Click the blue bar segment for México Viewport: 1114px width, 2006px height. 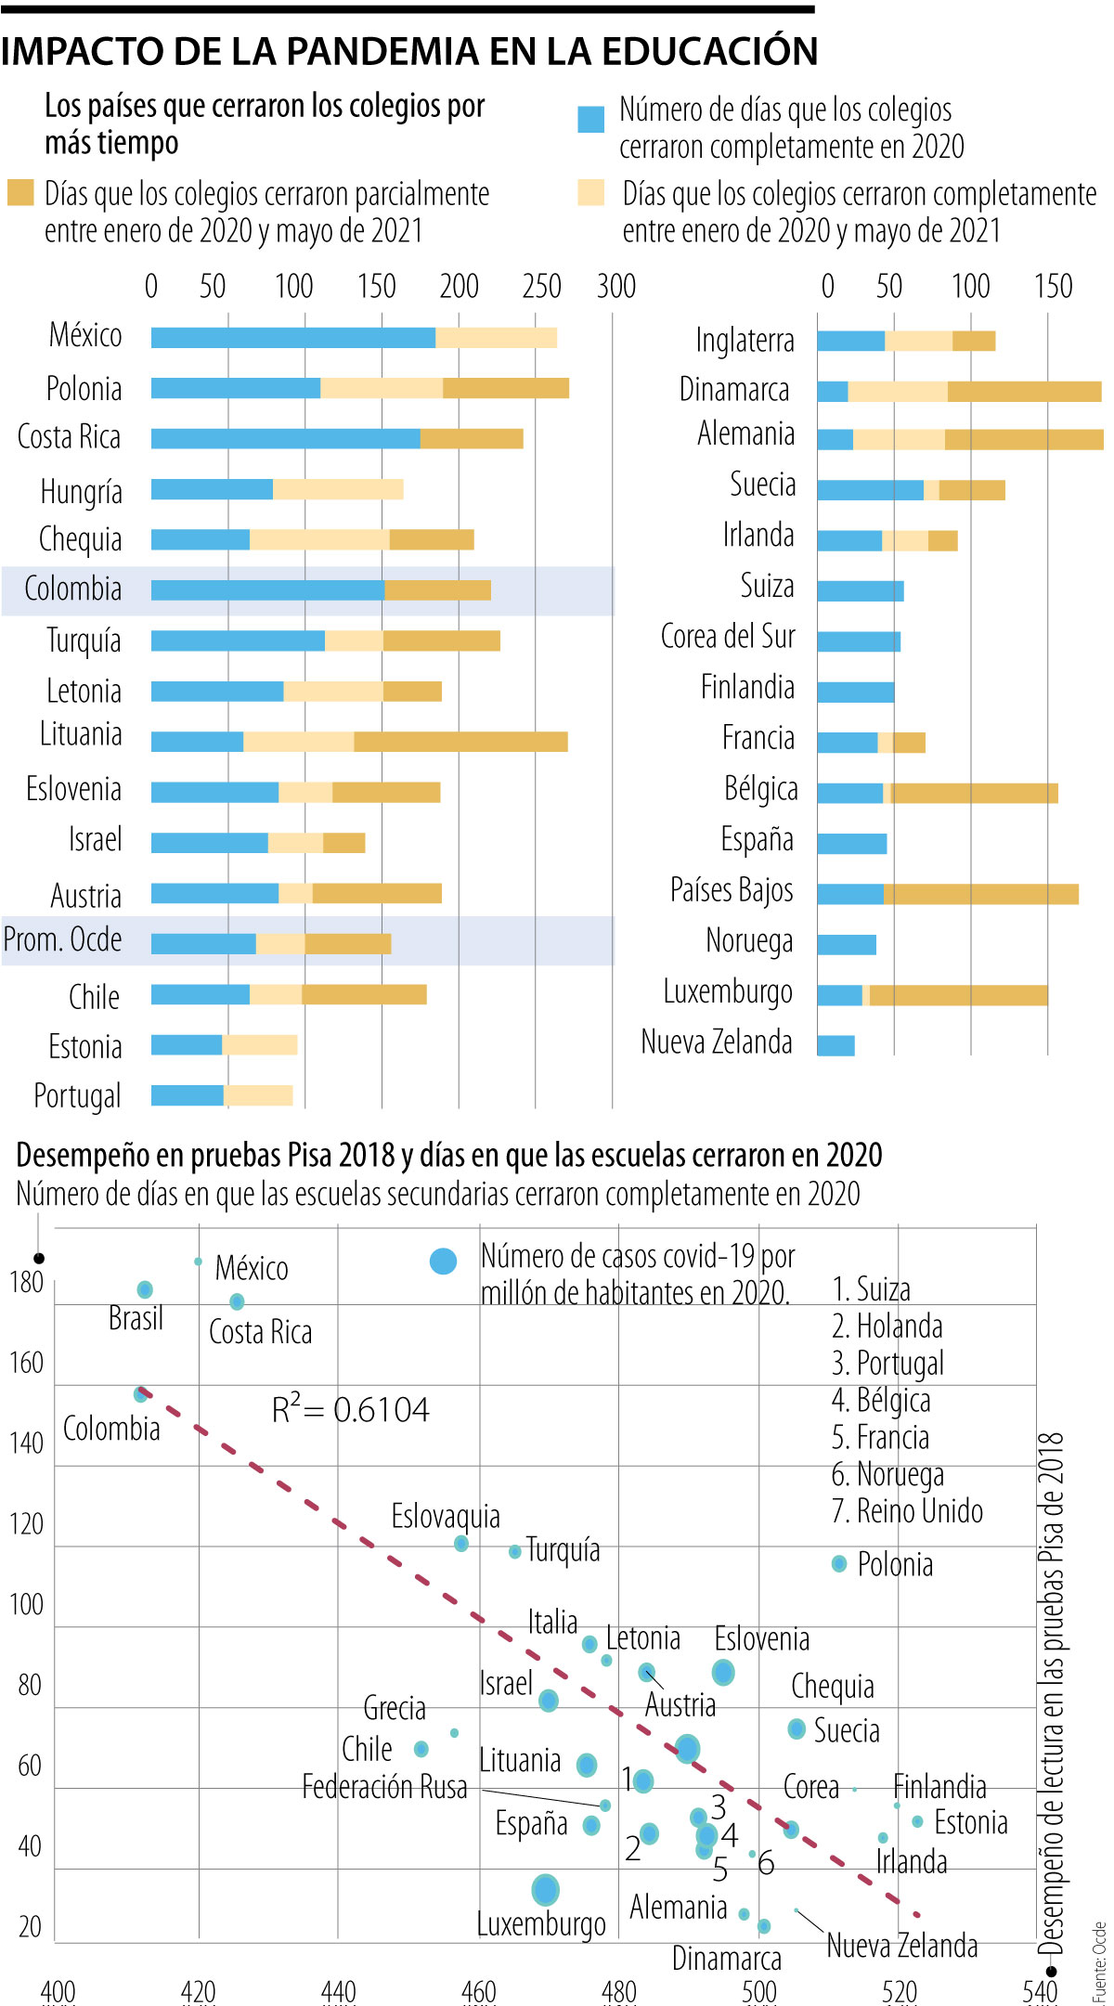[293, 338]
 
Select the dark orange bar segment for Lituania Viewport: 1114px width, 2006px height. [460, 742]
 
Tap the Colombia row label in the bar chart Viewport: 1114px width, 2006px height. [73, 589]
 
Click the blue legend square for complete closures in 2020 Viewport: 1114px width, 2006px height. [591, 120]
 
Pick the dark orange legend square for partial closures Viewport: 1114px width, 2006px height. [20, 192]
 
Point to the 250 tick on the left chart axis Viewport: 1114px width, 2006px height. [541, 287]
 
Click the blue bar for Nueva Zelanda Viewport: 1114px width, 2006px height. [835, 1045]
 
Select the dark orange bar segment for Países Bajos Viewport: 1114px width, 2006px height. [980, 894]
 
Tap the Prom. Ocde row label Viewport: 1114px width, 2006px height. [63, 939]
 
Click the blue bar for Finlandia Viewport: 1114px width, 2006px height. [856, 692]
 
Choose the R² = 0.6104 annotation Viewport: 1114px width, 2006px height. [350, 1410]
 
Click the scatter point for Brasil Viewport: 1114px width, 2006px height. [145, 1289]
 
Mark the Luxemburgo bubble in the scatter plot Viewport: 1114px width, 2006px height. [546, 1889]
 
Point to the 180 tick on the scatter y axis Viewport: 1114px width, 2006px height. [26, 1282]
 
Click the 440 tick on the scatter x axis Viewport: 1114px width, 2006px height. [338, 1991]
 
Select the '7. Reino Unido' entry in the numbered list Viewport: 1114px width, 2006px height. [907, 1510]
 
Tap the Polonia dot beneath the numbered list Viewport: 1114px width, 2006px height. [839, 1564]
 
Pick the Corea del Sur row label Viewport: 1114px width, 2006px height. [728, 637]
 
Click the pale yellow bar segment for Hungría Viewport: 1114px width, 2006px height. [338, 489]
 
